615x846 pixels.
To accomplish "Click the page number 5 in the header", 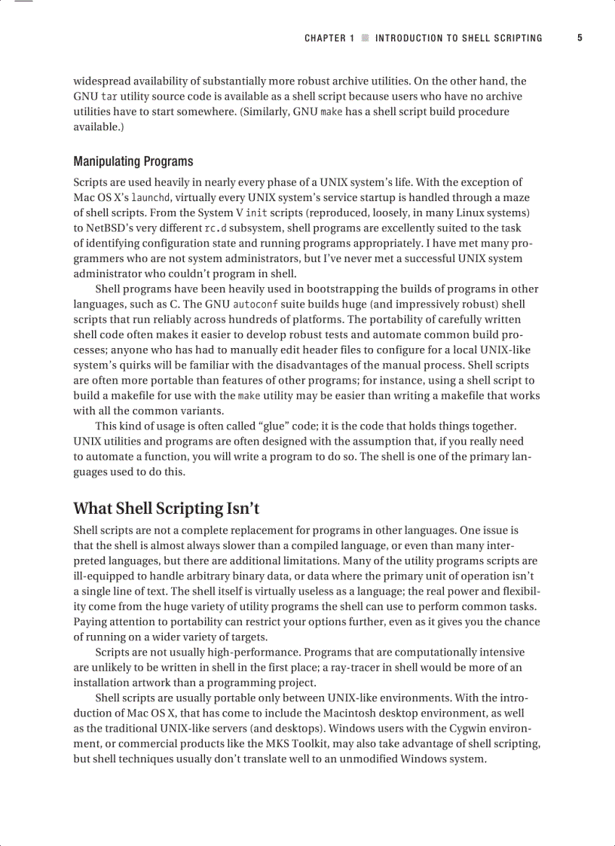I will (x=580, y=38).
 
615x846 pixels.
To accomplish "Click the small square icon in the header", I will (x=365, y=38).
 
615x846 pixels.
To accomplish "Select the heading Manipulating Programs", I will (x=133, y=161).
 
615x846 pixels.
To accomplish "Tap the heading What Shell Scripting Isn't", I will (x=166, y=509).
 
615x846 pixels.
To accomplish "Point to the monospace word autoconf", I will (x=255, y=304).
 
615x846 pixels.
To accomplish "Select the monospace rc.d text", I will (x=215, y=228).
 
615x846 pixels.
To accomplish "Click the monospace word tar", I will (x=109, y=97).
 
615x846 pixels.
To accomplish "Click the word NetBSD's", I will (x=109, y=228).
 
